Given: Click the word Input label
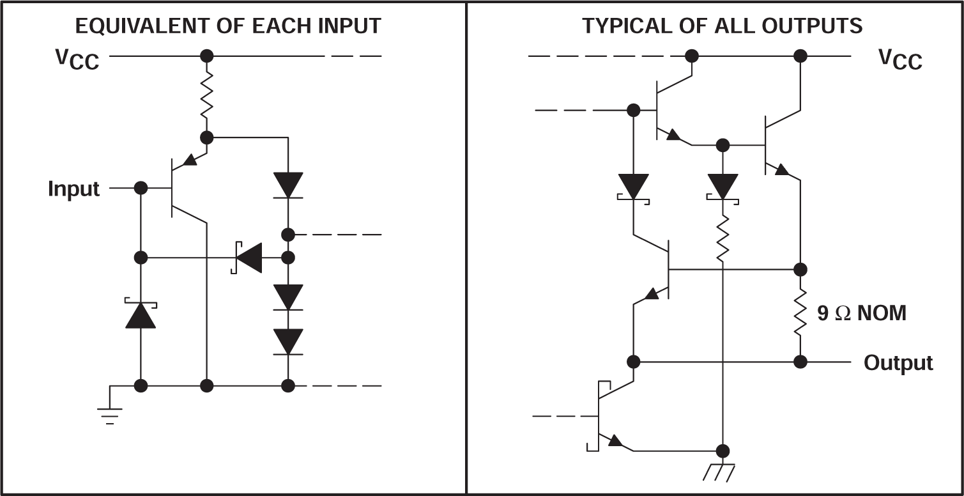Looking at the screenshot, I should (x=73, y=189).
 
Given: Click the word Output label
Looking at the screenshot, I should (x=898, y=363).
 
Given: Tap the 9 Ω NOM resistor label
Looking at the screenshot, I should (x=861, y=313).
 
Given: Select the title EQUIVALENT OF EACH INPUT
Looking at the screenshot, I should (x=228, y=26).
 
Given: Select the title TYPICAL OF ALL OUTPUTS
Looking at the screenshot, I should (x=722, y=26).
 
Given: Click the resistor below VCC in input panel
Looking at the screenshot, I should (x=206, y=96).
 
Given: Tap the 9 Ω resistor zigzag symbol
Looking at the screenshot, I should (x=800, y=313).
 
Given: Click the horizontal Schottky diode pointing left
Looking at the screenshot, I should (x=248, y=258).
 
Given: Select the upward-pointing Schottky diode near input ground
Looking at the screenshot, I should (x=141, y=314).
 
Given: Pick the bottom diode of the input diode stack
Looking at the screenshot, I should (x=288, y=341).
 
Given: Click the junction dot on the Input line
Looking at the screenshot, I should (x=141, y=189).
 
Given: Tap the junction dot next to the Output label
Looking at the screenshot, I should (x=800, y=362).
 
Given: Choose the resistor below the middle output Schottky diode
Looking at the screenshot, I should (x=723, y=238).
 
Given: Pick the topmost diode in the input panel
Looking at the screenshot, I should (x=288, y=185).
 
